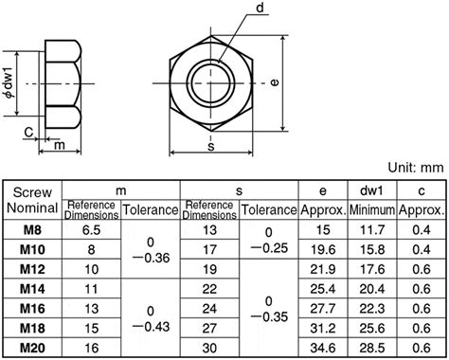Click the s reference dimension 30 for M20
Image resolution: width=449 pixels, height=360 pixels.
click(x=208, y=348)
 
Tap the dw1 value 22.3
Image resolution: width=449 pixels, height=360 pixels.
click(x=372, y=308)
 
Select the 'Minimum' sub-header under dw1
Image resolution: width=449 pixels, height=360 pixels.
click(x=372, y=209)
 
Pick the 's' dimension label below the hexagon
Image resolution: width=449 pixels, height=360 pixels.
click(x=210, y=146)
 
